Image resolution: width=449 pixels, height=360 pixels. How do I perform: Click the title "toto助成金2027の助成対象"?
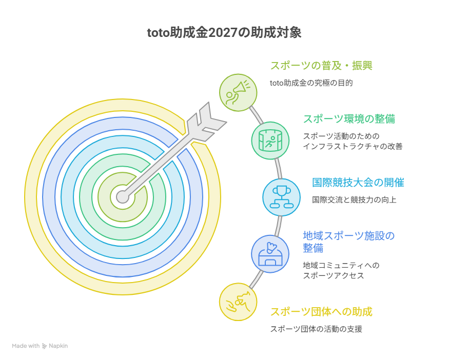pos(224,33)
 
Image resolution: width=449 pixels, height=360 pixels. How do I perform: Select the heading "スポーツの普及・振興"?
pos(321,66)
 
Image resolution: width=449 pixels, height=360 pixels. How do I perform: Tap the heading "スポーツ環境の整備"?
pos(349,119)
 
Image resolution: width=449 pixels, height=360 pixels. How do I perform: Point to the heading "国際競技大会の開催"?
pos(358,182)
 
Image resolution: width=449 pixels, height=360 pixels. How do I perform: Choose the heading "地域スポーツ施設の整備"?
pos(349,242)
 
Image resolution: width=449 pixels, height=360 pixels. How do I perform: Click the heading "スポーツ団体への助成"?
pos(321,312)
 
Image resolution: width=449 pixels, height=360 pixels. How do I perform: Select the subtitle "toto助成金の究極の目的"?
pos(311,83)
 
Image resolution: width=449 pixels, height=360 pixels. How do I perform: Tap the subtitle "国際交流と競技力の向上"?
pos(354,200)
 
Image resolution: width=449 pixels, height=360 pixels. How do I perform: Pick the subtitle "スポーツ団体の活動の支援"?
pos(316,329)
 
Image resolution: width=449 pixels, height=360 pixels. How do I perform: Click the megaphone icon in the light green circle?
pos(238,92)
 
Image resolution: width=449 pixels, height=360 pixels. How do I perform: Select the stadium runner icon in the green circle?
pos(270,140)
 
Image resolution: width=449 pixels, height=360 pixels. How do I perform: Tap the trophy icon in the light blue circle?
pos(282,197)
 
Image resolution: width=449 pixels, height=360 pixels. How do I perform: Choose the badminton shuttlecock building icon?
pos(270,254)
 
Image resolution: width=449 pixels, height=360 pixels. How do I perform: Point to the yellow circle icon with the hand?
pos(238,302)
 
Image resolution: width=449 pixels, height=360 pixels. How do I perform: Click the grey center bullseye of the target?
pos(123,197)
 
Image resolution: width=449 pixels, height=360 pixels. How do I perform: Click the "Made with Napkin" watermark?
pos(40,346)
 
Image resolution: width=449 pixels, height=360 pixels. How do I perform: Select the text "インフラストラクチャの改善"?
pos(353,146)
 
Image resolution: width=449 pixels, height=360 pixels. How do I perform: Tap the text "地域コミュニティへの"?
pos(341,265)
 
